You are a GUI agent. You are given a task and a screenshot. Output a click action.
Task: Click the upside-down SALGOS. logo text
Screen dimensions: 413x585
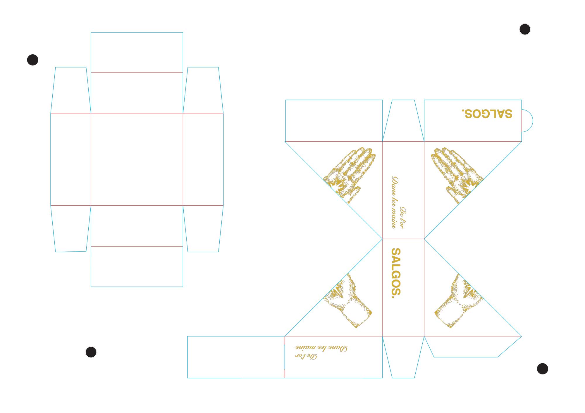tap(487, 114)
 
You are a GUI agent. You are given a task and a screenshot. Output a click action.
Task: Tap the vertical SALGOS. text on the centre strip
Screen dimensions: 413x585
tap(396, 273)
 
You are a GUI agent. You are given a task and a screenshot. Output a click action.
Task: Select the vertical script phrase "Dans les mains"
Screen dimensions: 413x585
tap(395, 202)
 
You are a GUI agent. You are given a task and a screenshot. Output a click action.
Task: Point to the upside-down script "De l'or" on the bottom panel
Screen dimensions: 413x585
tap(306, 357)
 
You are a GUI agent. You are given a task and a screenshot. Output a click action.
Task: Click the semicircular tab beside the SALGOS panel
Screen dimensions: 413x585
tap(527, 121)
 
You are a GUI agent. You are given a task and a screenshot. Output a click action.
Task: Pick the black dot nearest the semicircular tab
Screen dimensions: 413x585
tap(525, 29)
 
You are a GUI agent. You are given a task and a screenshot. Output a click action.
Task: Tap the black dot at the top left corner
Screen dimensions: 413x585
tap(33, 60)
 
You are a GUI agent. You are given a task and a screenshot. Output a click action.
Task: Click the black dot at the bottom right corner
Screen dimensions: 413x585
tap(542, 369)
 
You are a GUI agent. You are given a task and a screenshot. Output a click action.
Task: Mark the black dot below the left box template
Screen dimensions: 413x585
tap(91, 352)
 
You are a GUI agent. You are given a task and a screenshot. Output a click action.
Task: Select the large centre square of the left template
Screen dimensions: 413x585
tap(137, 159)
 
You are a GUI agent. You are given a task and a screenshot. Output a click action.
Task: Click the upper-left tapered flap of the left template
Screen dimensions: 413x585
tap(71, 91)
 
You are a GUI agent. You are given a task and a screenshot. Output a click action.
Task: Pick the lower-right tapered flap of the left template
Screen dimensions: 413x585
tap(203, 228)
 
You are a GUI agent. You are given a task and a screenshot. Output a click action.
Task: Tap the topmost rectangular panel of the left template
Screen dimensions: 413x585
tap(137, 53)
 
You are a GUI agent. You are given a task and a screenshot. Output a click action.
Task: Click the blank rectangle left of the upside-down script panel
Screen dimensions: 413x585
tap(236, 357)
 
